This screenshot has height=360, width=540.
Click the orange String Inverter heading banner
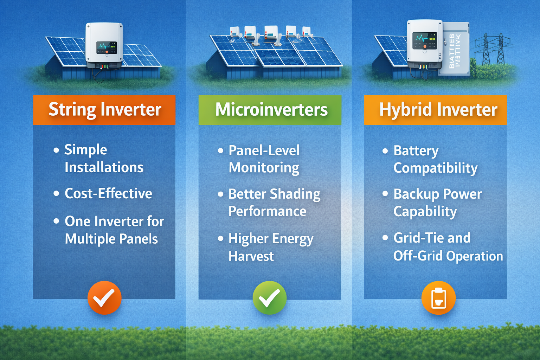104,110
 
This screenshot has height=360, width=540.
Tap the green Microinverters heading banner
270,110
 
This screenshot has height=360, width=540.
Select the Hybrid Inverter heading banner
435,110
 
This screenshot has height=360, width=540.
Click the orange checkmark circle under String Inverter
104,298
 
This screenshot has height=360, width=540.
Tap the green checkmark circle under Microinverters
270,298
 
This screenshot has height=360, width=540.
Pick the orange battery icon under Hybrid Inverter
438,298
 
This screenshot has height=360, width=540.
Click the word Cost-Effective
108,193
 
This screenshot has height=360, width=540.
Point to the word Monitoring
264,168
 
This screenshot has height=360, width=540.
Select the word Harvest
251,256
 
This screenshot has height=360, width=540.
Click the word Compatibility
435,168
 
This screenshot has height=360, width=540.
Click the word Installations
104,167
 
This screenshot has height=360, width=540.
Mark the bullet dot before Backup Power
385,194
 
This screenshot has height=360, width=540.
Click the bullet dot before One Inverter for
56,221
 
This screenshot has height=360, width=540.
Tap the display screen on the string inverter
107,47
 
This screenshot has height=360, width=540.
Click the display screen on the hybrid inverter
425,41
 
